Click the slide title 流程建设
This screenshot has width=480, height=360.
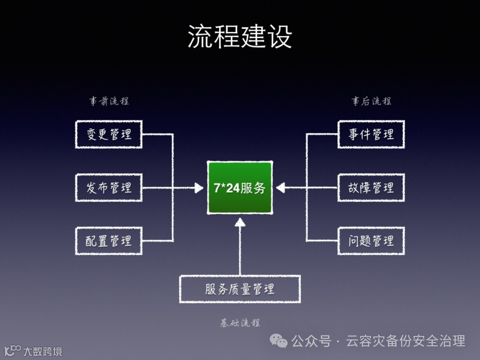(x=240, y=36)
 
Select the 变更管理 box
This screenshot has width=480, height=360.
(x=109, y=134)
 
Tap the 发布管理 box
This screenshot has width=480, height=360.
(x=109, y=188)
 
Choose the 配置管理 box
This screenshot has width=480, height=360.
(x=109, y=241)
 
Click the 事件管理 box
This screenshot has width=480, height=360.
(x=371, y=134)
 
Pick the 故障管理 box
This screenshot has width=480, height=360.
(x=371, y=188)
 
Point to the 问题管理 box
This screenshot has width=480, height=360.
(x=371, y=241)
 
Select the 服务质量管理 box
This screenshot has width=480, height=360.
(x=240, y=289)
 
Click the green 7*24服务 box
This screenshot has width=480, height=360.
(x=240, y=188)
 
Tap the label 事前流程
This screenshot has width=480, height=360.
(x=109, y=101)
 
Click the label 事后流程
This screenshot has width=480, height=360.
(x=372, y=101)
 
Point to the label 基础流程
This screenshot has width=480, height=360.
(x=240, y=323)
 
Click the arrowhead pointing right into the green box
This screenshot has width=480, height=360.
(x=199, y=188)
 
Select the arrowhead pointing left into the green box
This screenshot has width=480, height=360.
(x=280, y=188)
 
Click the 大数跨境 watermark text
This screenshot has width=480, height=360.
(x=43, y=352)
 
